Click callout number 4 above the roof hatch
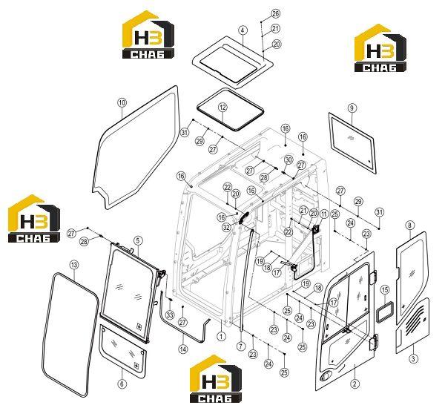243,30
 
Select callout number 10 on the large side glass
122,102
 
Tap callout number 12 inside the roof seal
222,108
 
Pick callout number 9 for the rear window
352,108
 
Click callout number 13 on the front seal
74,265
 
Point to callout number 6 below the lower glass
122,384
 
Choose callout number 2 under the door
355,384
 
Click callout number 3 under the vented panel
413,358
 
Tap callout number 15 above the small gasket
385,290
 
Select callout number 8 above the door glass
409,226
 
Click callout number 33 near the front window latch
170,315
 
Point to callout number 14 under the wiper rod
183,349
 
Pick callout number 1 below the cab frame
221,337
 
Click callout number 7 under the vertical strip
241,346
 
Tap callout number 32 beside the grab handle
226,227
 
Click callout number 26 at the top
276,13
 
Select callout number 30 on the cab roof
288,159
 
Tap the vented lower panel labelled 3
412,326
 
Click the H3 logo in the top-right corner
380,48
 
